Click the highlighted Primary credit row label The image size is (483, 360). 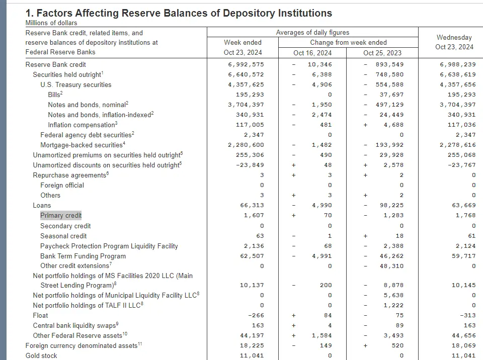coord(61,216)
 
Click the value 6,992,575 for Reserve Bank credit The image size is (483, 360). coord(246,64)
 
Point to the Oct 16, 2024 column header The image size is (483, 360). coord(312,53)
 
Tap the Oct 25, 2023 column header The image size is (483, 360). coord(383,53)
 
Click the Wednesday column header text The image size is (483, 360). coord(454,38)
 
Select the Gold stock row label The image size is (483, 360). coord(41,355)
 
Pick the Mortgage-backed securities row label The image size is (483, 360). coord(82,145)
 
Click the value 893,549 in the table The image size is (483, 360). coord(389,64)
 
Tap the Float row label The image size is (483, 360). coord(40,315)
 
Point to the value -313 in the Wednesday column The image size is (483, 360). coord(466,315)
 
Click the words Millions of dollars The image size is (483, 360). coord(51,23)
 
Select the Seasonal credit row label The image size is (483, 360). coord(63,236)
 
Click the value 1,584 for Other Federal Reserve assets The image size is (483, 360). coord(321,335)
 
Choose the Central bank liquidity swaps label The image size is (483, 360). coord(74,325)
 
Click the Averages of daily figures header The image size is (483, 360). coord(312,32)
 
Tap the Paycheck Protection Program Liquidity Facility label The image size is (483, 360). coord(109,246)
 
